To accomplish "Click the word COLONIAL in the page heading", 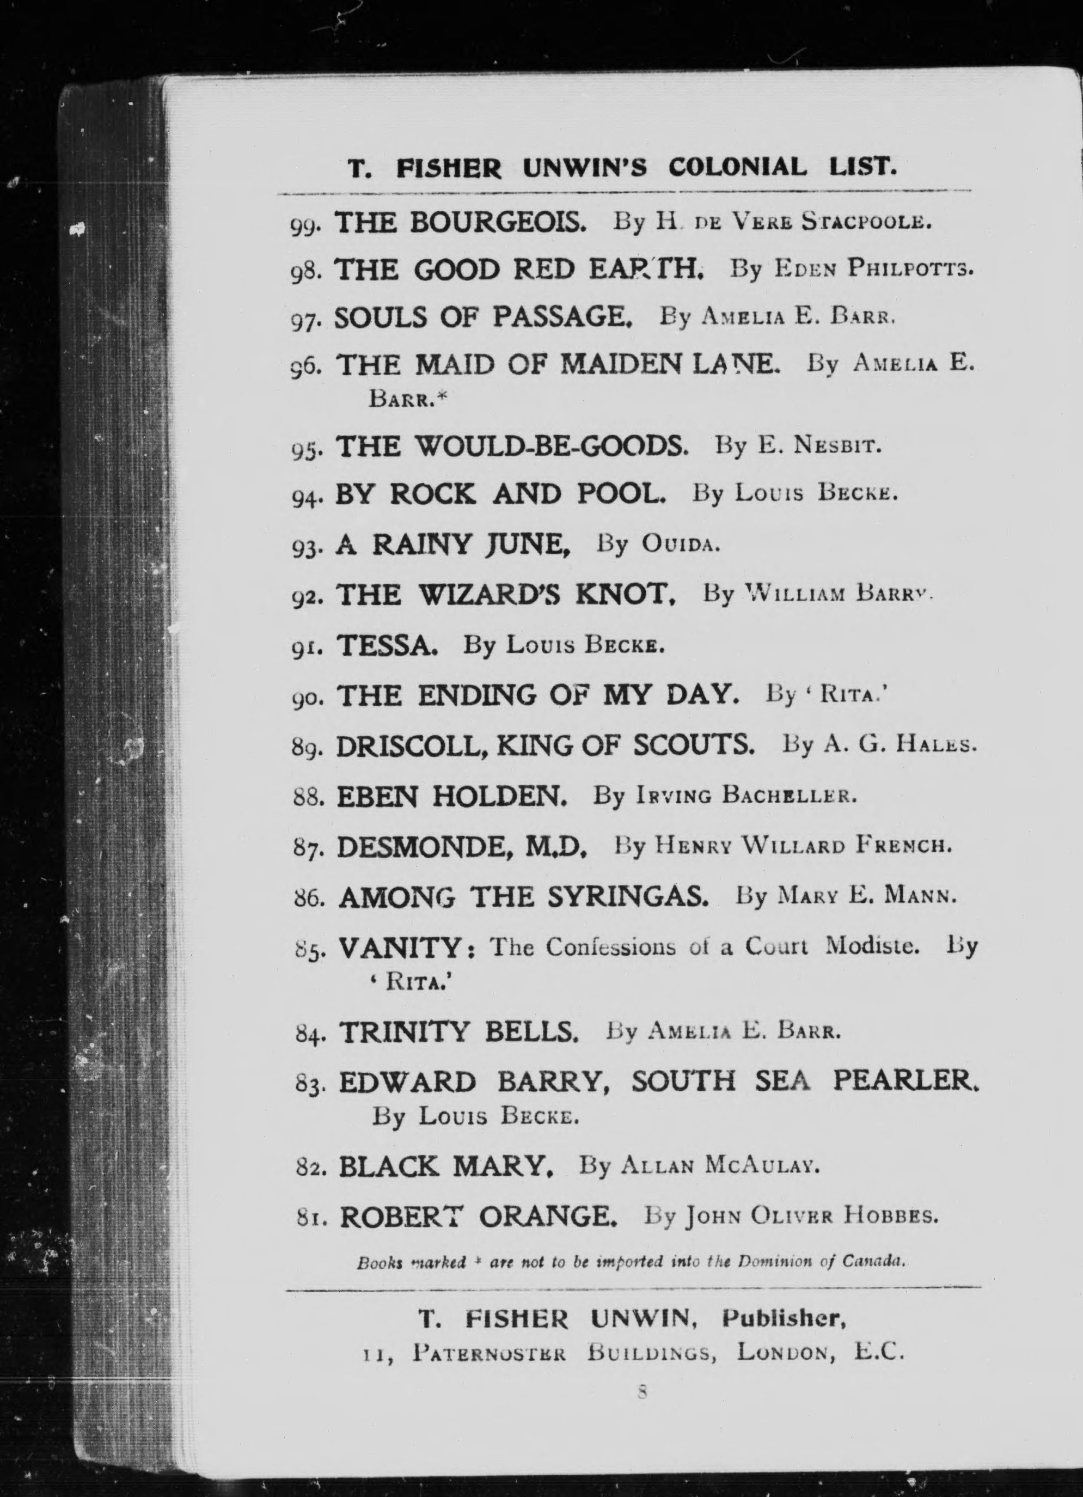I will click(737, 168).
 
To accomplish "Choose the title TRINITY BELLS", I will click(458, 1031).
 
